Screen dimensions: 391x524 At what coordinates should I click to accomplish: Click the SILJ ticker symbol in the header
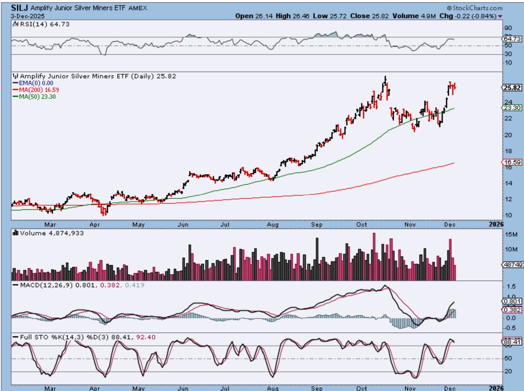(x=20, y=8)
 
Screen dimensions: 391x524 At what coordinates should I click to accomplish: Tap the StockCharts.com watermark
(x=474, y=8)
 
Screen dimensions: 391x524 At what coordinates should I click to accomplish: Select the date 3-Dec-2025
(x=28, y=16)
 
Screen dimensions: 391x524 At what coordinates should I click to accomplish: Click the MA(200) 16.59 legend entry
(x=36, y=90)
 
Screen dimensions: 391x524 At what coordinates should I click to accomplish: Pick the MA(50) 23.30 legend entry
(x=34, y=97)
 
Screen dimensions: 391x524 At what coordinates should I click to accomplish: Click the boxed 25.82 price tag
(x=512, y=88)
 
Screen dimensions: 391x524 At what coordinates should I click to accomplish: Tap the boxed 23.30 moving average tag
(x=512, y=108)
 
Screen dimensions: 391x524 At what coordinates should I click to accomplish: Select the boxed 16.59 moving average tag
(x=512, y=162)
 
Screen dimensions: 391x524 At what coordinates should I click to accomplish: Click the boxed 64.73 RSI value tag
(x=512, y=39)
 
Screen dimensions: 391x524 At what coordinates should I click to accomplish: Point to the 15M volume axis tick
(x=511, y=234)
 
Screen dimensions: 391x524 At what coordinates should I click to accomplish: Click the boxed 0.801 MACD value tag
(x=512, y=301)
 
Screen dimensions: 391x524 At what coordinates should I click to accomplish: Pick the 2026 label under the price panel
(x=496, y=224)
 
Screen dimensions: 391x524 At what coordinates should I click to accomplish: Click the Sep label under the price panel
(x=317, y=224)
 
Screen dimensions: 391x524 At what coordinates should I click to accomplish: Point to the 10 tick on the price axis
(x=508, y=215)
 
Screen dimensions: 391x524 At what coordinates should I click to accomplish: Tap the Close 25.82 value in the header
(x=369, y=16)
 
